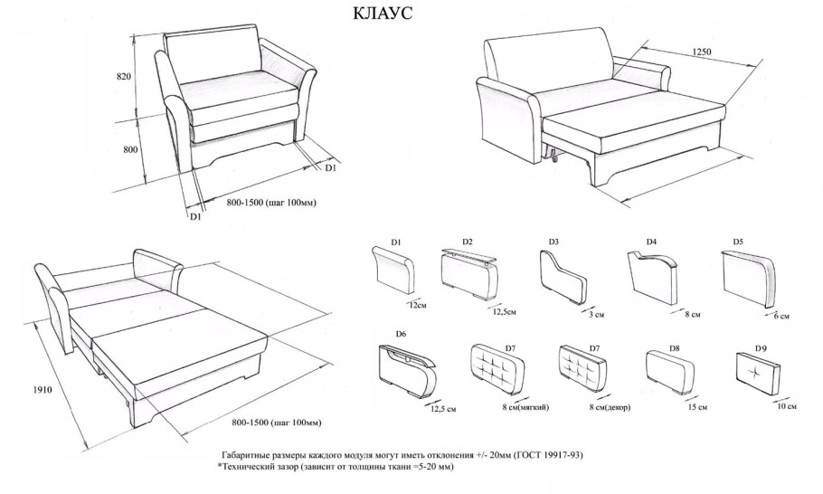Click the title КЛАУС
383,13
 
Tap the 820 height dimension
123,77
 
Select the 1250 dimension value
702,52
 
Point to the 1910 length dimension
43,390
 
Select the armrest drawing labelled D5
749,280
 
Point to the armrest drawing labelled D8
671,372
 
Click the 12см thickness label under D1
417,305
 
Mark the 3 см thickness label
596,315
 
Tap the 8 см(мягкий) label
525,407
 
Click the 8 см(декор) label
610,407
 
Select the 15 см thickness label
697,407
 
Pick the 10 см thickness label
786,406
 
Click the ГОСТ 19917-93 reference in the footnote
548,454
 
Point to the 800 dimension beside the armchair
131,149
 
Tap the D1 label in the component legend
396,242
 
